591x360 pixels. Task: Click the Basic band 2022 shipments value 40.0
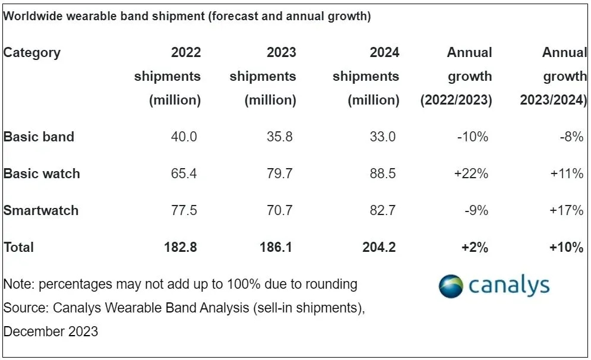pyautogui.click(x=184, y=137)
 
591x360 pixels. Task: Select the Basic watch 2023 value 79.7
pyautogui.click(x=280, y=174)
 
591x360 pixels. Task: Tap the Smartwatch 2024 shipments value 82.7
pyautogui.click(x=383, y=211)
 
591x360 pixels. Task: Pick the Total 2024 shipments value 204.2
pyautogui.click(x=379, y=248)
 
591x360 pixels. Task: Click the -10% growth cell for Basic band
pyautogui.click(x=473, y=137)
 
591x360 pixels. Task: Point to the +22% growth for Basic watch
pyautogui.click(x=472, y=174)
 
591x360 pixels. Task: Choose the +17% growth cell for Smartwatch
pyautogui.click(x=567, y=211)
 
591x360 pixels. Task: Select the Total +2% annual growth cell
pyautogui.click(x=475, y=248)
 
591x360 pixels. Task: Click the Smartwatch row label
pyautogui.click(x=41, y=211)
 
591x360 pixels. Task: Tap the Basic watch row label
pyautogui.click(x=42, y=174)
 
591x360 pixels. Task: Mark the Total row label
pyautogui.click(x=19, y=248)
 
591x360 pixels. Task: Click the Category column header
pyautogui.click(x=32, y=53)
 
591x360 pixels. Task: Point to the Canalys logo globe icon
pyautogui.click(x=451, y=286)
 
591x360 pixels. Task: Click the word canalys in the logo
pyautogui.click(x=508, y=286)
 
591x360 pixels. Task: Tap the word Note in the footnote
pyautogui.click(x=18, y=285)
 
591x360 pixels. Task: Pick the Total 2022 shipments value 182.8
pyautogui.click(x=180, y=248)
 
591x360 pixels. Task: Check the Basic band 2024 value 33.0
pyautogui.click(x=383, y=137)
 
